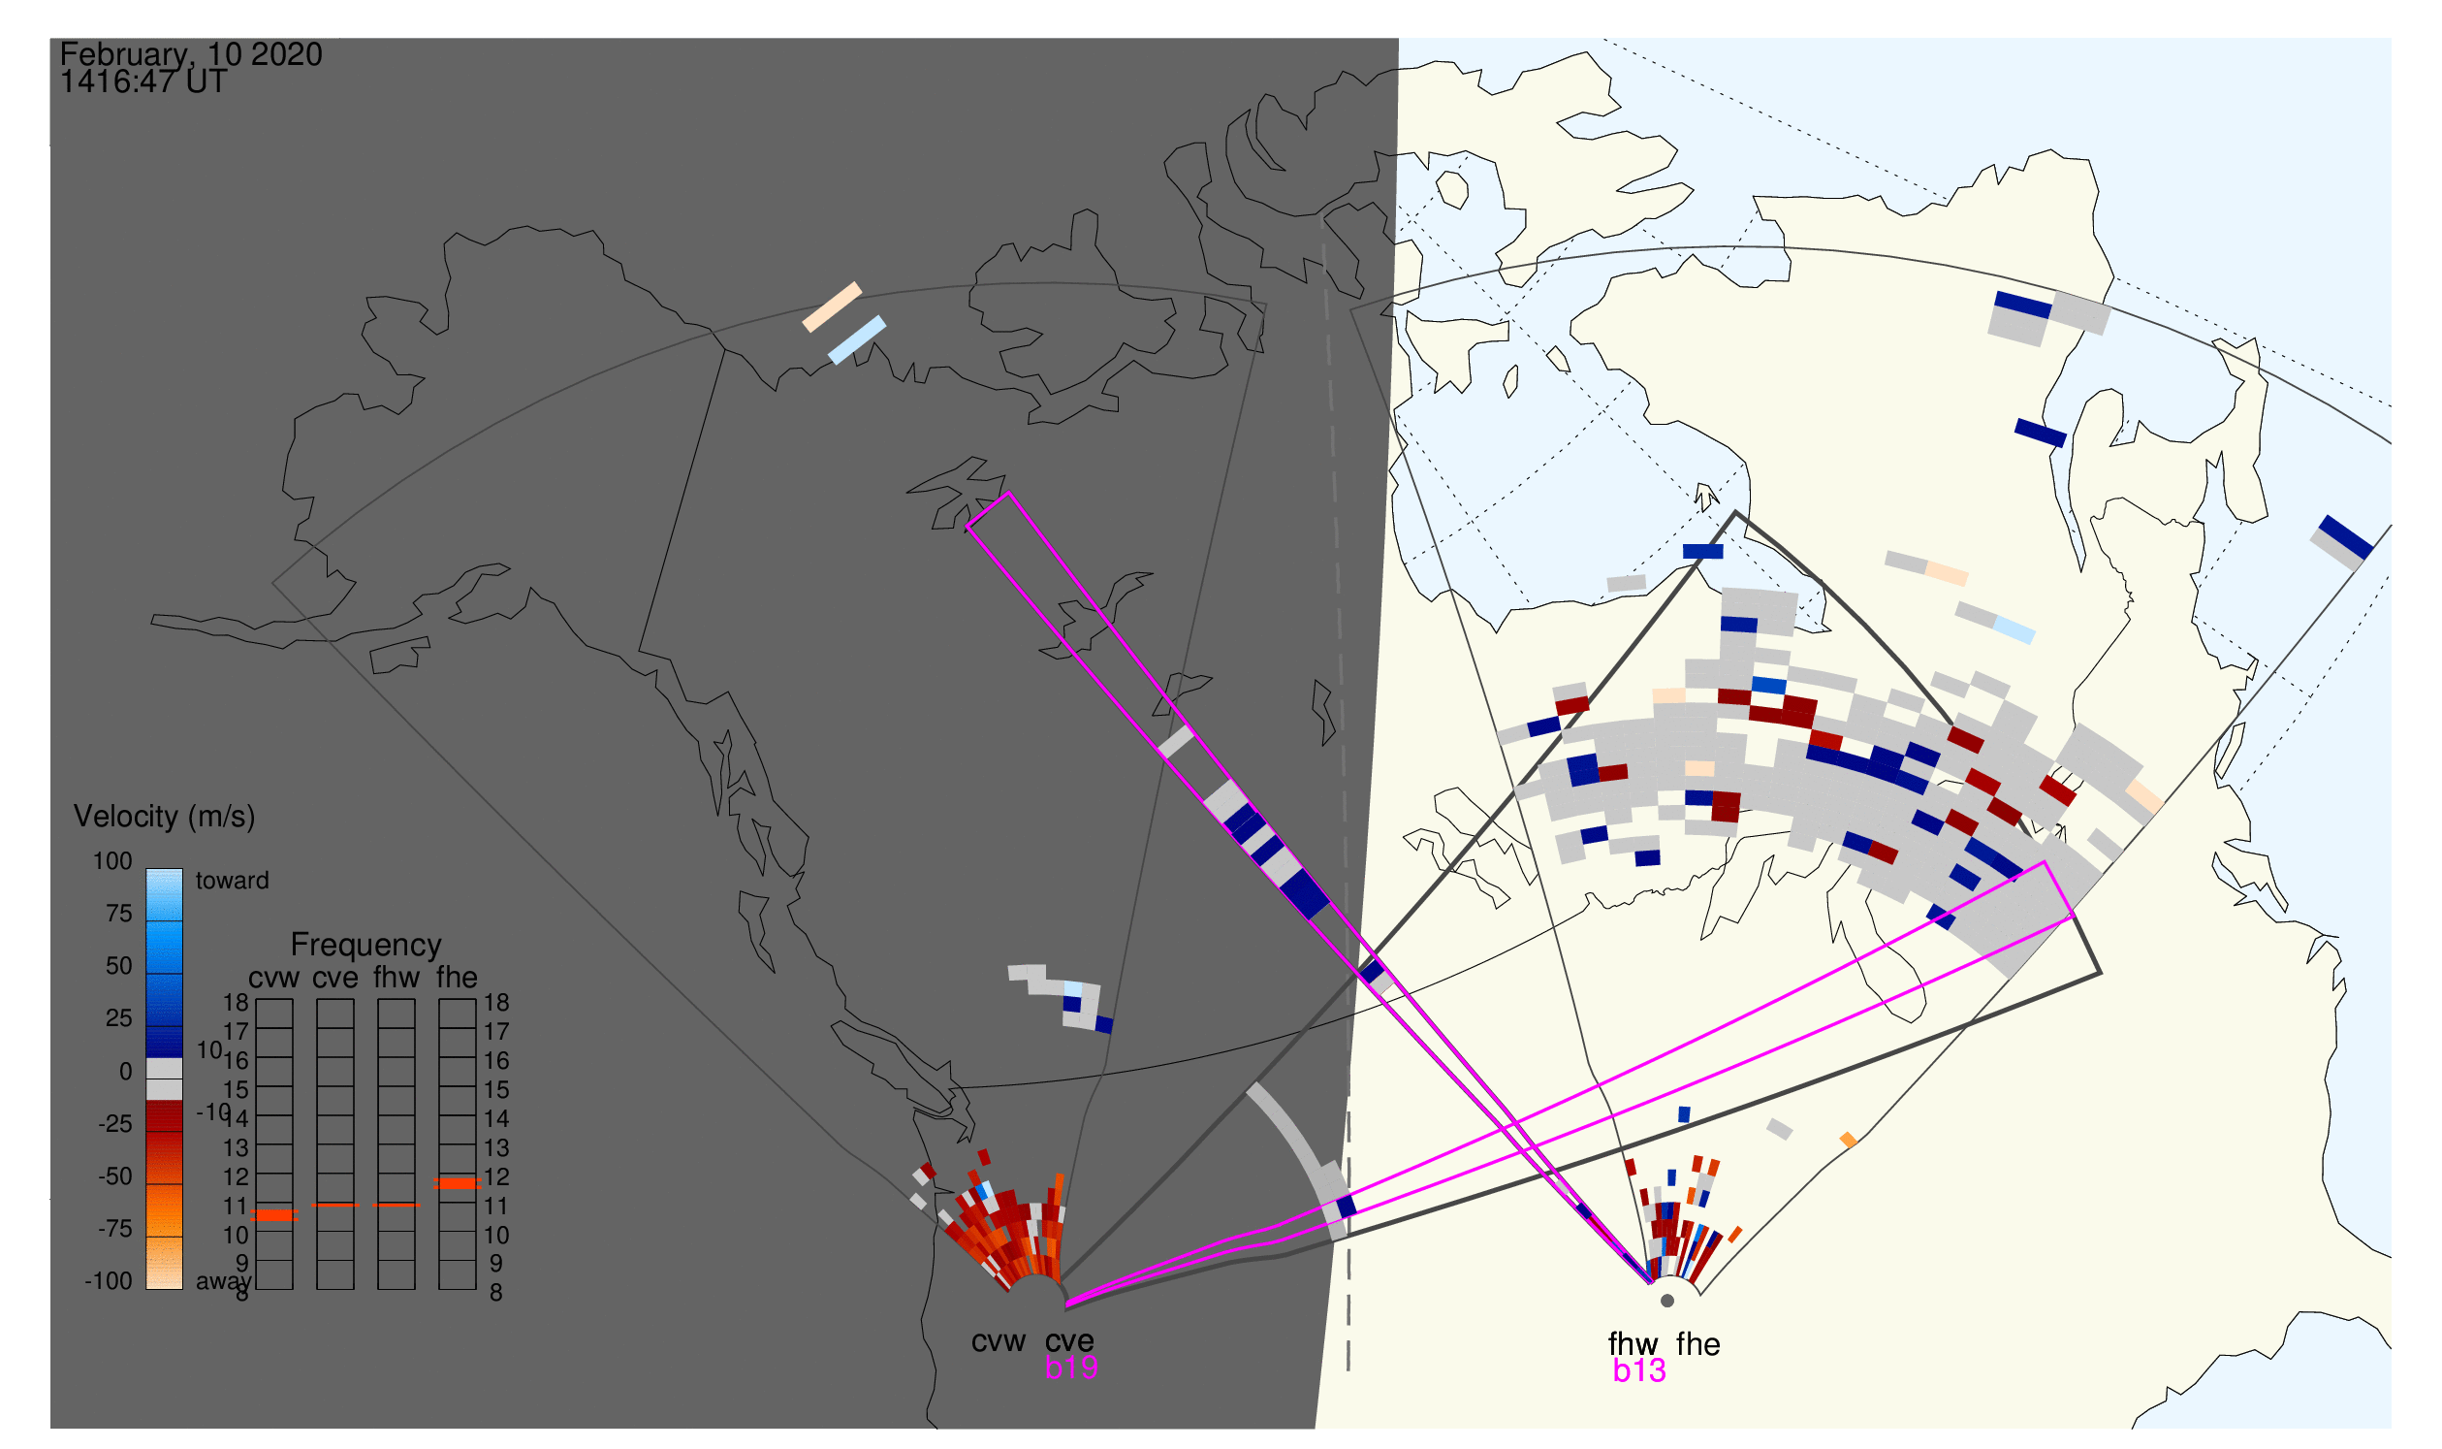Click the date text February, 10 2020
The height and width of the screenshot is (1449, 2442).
click(191, 54)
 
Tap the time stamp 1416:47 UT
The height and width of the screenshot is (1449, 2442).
click(143, 82)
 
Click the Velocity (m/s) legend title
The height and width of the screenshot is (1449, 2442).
click(164, 817)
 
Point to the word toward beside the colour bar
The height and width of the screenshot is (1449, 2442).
click(233, 881)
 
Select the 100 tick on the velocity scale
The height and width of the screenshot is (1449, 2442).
click(112, 861)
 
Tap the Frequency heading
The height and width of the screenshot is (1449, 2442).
click(366, 946)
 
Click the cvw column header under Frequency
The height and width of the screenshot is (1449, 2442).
click(273, 978)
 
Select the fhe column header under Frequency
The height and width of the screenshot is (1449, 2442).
click(457, 978)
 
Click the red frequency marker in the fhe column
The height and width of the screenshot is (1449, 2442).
click(457, 1183)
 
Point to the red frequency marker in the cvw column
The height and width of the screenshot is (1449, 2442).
click(274, 1215)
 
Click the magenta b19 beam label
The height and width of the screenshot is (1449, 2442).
click(1070, 1368)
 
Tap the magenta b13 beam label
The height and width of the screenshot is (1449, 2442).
click(1638, 1371)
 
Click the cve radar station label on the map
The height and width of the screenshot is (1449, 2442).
click(1069, 1341)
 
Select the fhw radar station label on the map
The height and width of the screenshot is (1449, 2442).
click(1633, 1344)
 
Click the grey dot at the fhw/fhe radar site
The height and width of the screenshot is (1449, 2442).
click(1667, 1301)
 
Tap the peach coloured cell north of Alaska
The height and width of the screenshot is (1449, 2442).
click(832, 306)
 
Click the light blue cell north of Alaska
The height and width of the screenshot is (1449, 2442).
click(857, 339)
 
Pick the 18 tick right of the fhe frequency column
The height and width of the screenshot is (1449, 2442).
click(495, 1003)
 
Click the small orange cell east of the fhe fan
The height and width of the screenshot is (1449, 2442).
click(1848, 1140)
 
